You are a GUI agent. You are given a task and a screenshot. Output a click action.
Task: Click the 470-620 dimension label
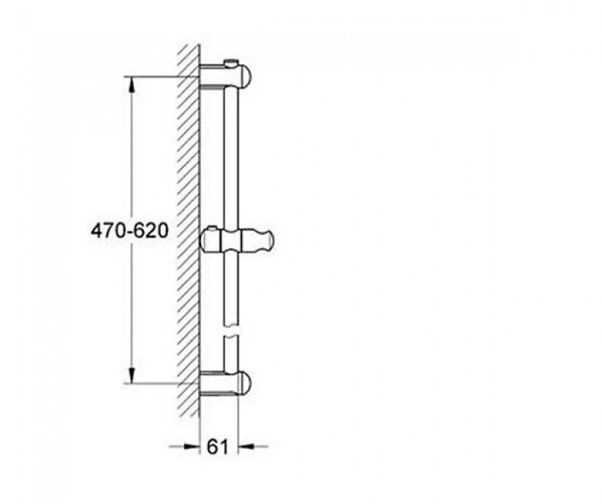[130, 231]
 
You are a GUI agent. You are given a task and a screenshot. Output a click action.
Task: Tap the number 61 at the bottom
[218, 447]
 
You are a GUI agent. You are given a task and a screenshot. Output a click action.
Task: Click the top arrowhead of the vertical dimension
[131, 84]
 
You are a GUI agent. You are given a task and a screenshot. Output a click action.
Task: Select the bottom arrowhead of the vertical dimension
[131, 375]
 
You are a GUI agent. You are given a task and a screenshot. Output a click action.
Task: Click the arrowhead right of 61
[246, 447]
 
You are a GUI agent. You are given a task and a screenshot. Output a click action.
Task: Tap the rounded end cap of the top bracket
[245, 76]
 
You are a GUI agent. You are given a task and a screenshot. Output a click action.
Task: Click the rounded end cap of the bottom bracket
[245, 383]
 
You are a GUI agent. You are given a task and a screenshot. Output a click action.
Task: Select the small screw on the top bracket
[230, 63]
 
